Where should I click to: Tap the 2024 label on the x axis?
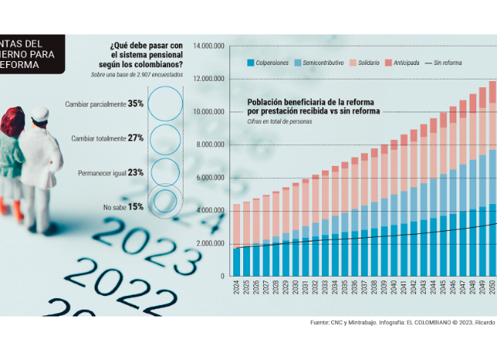click(x=236, y=289)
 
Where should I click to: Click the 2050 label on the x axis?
click(x=492, y=289)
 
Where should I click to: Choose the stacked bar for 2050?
click(x=492, y=183)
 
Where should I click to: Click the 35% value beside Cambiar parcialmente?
click(x=136, y=103)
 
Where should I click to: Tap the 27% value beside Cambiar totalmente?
click(x=136, y=138)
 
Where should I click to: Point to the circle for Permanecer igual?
click(x=164, y=172)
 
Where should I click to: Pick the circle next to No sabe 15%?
click(x=164, y=203)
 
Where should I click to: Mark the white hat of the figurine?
click(x=38, y=116)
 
